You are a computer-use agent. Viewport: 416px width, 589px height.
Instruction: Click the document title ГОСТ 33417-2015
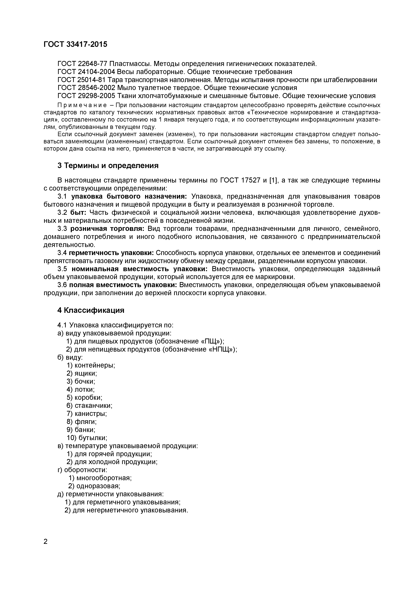(x=75, y=44)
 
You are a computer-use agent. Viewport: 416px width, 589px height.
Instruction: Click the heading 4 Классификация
(x=91, y=310)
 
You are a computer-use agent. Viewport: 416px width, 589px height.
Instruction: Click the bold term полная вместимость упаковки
(x=123, y=285)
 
